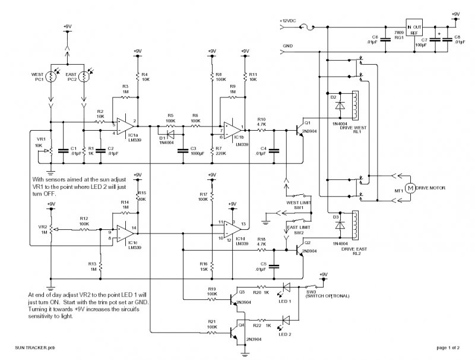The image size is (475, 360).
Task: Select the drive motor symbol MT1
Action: click(409, 187)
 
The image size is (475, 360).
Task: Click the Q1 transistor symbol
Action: click(299, 129)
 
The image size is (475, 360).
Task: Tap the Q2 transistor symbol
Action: click(299, 250)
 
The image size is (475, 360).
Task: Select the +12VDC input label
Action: click(289, 21)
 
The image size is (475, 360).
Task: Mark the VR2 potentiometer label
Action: click(42, 227)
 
